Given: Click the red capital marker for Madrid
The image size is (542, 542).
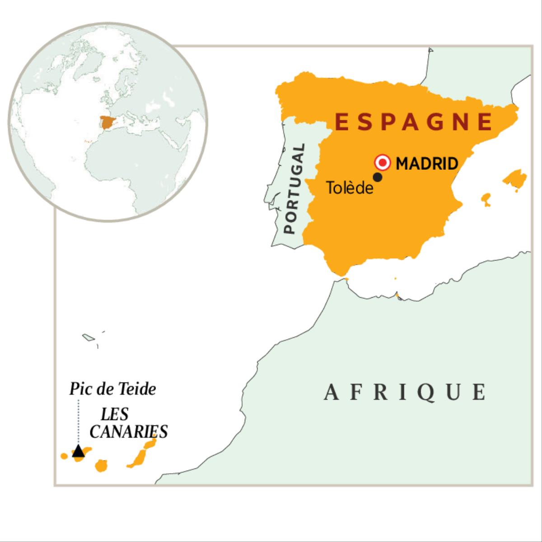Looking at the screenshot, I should (x=383, y=163).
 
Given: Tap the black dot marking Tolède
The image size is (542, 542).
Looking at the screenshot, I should (x=378, y=178).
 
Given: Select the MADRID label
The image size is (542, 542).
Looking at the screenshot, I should (x=427, y=164).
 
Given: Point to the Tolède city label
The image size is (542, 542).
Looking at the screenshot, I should (x=350, y=187).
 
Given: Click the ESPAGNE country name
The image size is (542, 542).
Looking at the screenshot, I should (x=413, y=121).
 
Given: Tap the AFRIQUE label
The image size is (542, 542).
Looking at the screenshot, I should (x=405, y=392).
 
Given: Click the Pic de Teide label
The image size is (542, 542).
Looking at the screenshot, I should (x=112, y=389).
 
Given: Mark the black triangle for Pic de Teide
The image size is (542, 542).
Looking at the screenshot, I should (x=78, y=451).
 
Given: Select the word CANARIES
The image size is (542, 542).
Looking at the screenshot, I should (x=128, y=431).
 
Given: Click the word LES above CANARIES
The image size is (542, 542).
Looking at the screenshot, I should (x=115, y=414).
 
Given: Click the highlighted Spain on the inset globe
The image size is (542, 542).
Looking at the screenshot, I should (x=107, y=122).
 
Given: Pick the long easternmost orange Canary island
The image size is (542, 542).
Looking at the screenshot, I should (x=142, y=453).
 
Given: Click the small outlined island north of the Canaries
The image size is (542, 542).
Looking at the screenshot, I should (x=88, y=337).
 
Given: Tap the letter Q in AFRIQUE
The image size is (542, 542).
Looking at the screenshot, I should (x=431, y=392).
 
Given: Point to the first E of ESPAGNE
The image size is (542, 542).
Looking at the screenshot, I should (x=342, y=121).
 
